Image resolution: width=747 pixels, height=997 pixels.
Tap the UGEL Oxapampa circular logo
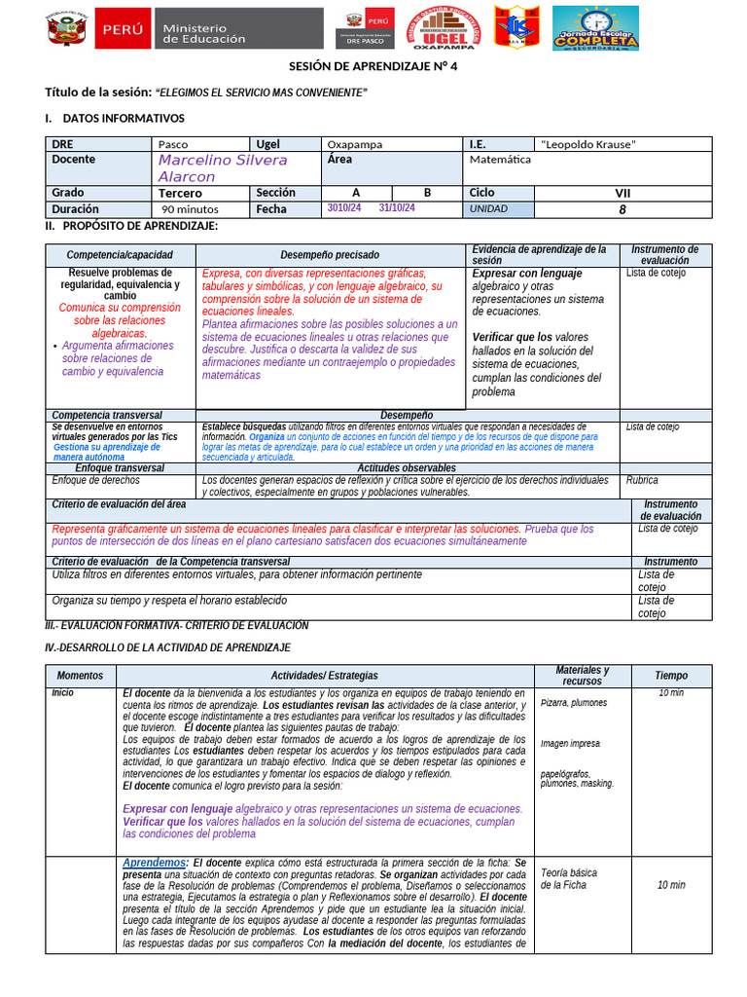pyautogui.click(x=443, y=29)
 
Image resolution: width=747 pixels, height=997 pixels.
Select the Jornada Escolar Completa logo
pyautogui.click(x=595, y=28)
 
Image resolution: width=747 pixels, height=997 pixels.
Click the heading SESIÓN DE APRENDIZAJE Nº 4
pyautogui.click(x=373, y=66)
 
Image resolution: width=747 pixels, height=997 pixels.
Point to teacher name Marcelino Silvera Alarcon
pyautogui.click(x=223, y=167)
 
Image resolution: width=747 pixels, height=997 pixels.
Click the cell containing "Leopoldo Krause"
pyautogui.click(x=588, y=144)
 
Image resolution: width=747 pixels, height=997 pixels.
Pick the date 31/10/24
pyautogui.click(x=397, y=208)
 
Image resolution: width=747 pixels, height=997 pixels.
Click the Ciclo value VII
pyautogui.click(x=622, y=193)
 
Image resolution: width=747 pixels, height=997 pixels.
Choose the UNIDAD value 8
pyautogui.click(x=622, y=209)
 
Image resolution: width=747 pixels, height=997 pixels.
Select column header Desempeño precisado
pyautogui.click(x=331, y=255)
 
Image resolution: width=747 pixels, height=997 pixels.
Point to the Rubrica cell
pyautogui.click(x=642, y=480)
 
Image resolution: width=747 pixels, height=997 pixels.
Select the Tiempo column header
pyautogui.click(x=670, y=676)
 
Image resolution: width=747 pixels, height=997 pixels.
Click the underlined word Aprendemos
pyautogui.click(x=155, y=863)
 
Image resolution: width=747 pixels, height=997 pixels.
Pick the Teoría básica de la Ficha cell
pyautogui.click(x=569, y=878)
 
